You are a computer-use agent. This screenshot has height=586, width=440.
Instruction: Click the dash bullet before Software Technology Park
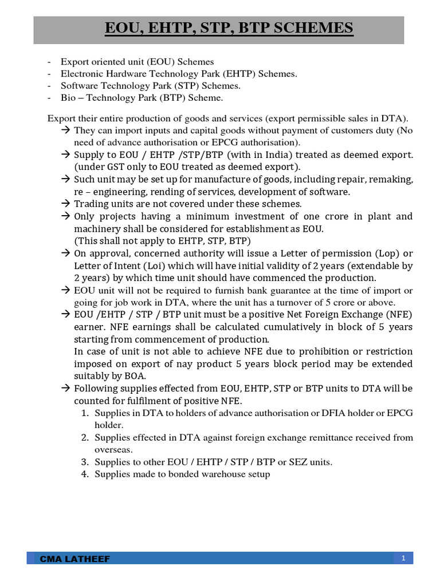point(49,86)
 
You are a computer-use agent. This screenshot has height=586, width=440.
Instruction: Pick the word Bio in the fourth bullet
point(68,98)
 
